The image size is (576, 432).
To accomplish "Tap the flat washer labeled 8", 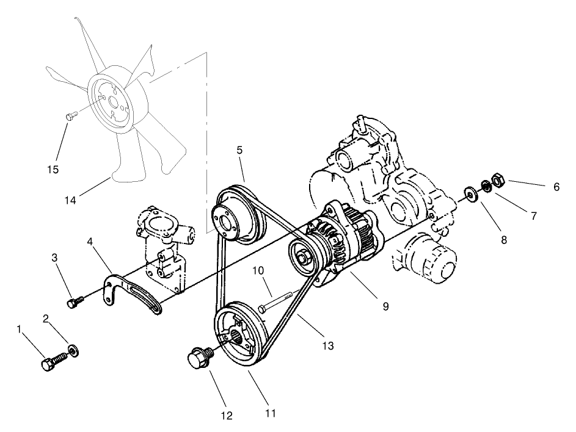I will [470, 194].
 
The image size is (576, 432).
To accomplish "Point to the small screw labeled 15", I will [71, 113].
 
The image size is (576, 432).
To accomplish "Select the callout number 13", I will [328, 345].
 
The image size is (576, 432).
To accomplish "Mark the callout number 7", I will [534, 215].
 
